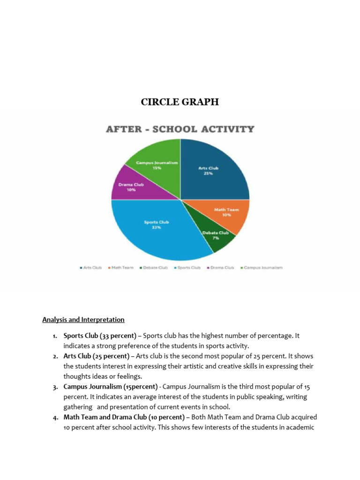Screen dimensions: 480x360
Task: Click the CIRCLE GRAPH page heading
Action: [x=180, y=102]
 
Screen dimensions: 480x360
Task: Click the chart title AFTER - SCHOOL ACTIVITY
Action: [x=180, y=129]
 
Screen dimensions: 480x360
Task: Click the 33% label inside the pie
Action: [x=156, y=227]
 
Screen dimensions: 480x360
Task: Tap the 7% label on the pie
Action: [x=216, y=238]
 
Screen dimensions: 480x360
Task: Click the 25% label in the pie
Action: [x=208, y=173]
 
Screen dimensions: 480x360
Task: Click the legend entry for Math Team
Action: [x=121, y=268]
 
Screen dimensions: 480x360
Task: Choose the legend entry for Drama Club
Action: [x=221, y=268]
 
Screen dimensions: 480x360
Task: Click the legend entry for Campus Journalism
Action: [x=261, y=268]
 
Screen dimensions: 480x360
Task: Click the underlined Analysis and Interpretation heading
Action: [x=83, y=320]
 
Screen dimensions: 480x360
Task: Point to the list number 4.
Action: [x=55, y=417]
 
